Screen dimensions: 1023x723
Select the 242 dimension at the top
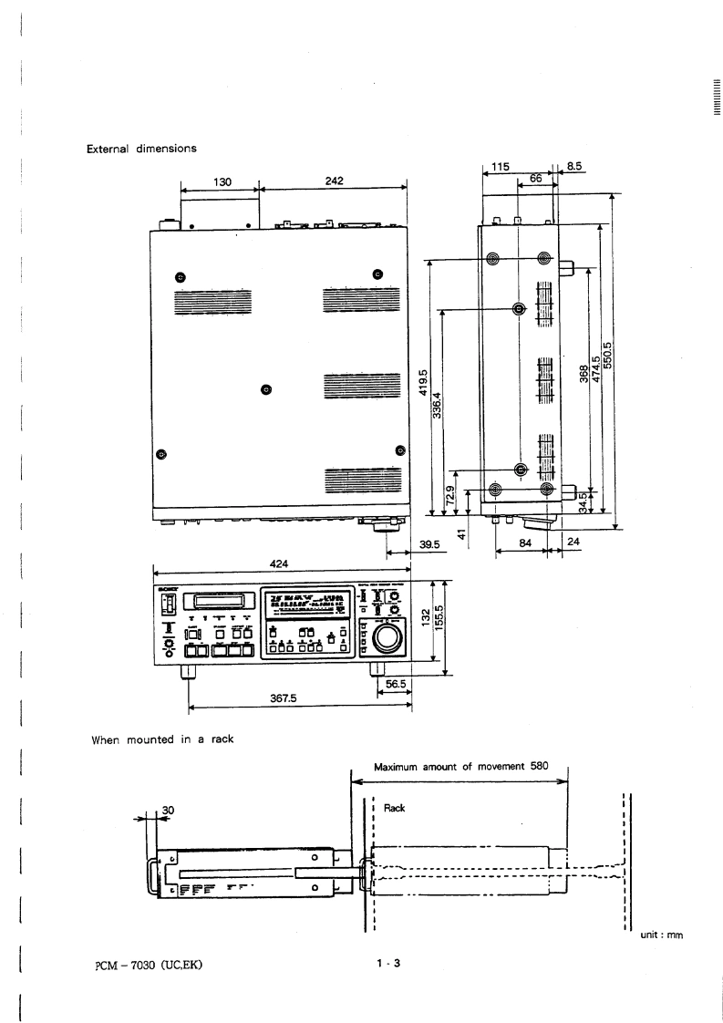pos(334,181)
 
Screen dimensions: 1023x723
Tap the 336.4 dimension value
pos(437,407)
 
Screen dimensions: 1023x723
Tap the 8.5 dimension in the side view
pos(574,167)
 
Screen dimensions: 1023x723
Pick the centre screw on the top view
pos(265,391)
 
